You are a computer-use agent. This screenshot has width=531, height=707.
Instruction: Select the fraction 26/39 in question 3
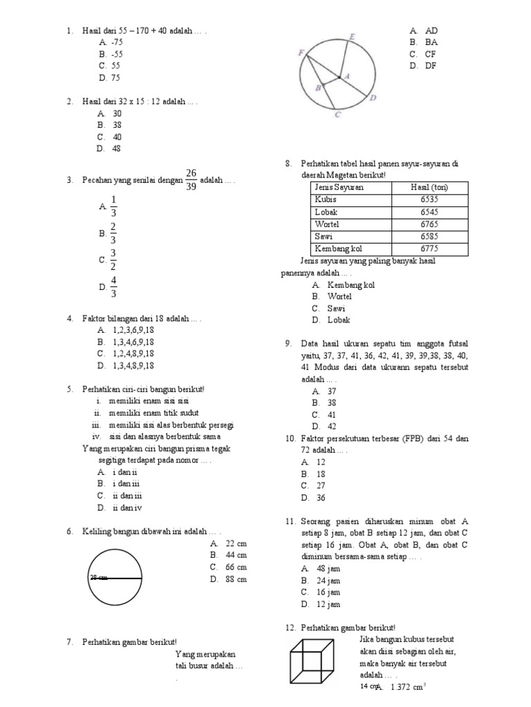click(x=191, y=180)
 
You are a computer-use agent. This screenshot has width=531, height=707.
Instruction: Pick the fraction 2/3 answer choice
click(x=113, y=233)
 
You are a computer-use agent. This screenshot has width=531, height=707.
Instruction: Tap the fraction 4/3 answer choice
click(x=113, y=287)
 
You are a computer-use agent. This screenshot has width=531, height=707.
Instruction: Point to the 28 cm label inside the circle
click(x=99, y=577)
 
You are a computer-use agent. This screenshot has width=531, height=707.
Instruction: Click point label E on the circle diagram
click(x=353, y=36)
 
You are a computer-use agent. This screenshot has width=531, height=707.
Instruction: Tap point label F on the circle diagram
click(x=301, y=52)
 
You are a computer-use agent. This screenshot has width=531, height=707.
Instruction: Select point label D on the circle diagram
click(x=373, y=98)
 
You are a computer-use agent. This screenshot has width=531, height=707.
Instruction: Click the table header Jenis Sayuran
click(x=339, y=187)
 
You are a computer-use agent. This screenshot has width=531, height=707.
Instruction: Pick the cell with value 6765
click(x=429, y=224)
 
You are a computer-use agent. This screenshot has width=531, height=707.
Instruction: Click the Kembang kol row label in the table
click(x=338, y=249)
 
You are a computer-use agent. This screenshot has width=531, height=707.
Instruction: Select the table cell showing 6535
click(x=429, y=200)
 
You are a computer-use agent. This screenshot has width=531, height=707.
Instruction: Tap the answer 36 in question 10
click(x=321, y=497)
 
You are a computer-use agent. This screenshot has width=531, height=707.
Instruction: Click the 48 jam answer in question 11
click(x=328, y=568)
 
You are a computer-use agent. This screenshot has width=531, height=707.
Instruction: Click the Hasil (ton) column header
click(x=429, y=187)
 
